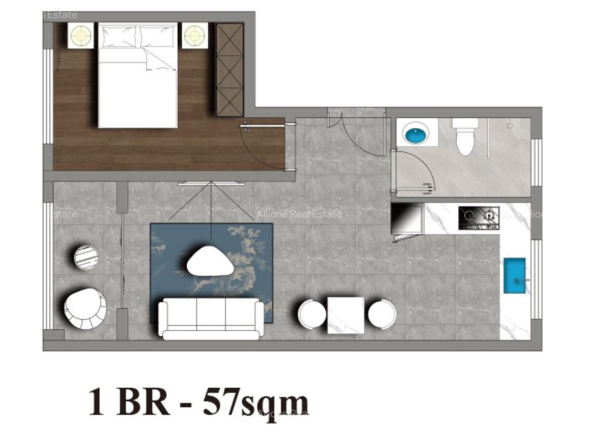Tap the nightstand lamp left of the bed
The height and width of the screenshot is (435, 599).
tap(81, 35)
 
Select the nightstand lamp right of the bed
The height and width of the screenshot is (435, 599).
tap(195, 35)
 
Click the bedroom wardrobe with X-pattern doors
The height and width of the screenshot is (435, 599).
tap(229, 69)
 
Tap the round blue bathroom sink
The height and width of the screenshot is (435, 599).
tap(416, 134)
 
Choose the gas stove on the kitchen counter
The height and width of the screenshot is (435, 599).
tap(479, 218)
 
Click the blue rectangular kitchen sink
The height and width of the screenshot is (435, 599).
tap(514, 275)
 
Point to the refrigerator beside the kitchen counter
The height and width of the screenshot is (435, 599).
tap(406, 219)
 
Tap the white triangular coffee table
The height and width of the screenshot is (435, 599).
tap(211, 261)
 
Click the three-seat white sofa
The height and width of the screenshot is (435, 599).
tap(211, 318)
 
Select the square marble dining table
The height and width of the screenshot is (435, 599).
tap(345, 315)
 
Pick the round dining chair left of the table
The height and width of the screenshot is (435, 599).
tap(312, 314)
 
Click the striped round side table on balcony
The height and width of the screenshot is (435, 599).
tap(87, 257)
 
